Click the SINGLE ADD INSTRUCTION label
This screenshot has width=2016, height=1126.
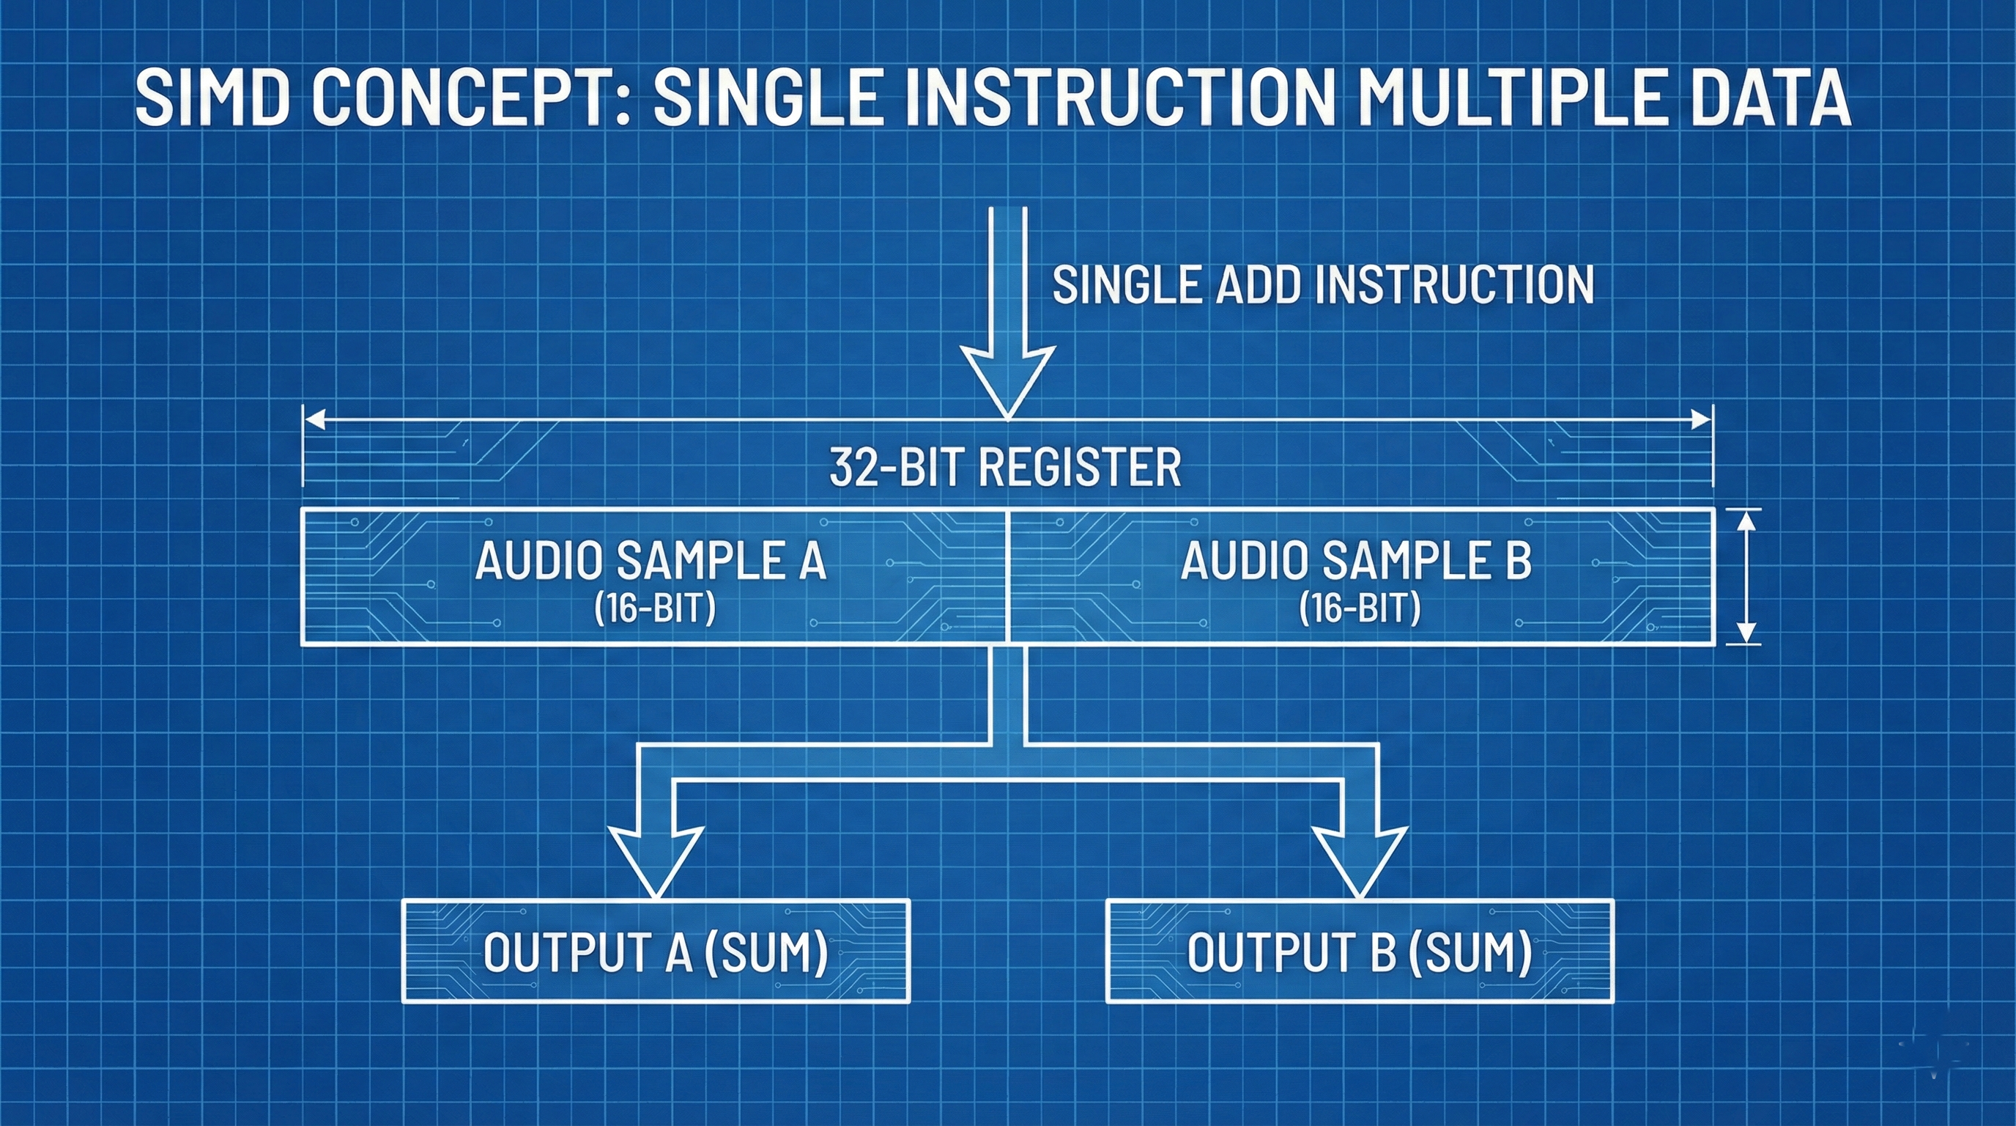pos(1322,285)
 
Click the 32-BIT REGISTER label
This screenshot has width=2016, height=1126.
pos(1005,468)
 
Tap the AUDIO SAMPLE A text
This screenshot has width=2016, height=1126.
pos(651,562)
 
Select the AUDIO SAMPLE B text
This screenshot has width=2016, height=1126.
pos(1355,562)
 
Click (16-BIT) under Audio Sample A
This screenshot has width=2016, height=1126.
pos(654,608)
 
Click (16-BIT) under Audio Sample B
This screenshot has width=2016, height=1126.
pos(1360,608)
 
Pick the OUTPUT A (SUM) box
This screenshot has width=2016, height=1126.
pos(656,952)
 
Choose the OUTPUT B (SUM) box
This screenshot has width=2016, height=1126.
pos(1360,952)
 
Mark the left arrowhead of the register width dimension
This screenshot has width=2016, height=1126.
pos(314,422)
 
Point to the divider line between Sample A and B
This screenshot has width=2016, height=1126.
pos(1008,576)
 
